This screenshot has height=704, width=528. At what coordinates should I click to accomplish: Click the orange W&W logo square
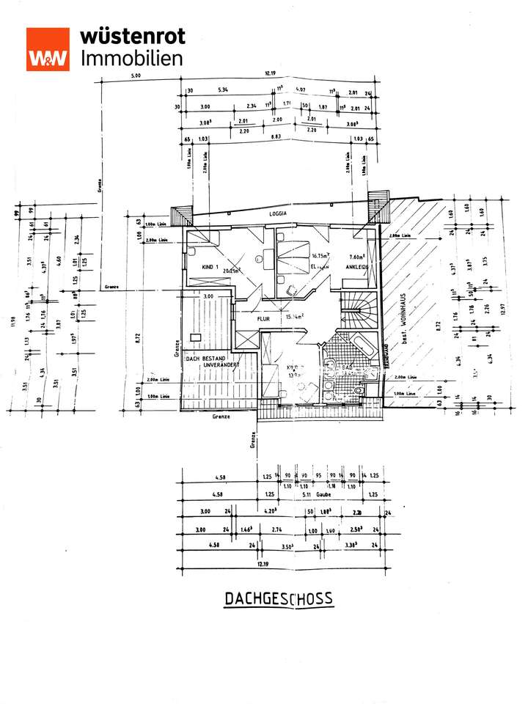(48, 49)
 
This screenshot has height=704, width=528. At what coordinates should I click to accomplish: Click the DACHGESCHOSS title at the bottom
(278, 598)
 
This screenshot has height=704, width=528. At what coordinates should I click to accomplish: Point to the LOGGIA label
(278, 213)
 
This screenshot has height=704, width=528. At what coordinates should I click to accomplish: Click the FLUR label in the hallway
(264, 319)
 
